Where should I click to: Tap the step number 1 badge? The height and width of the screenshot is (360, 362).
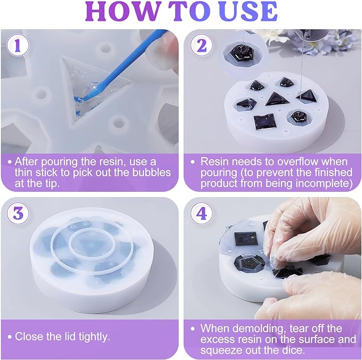tap(18, 46)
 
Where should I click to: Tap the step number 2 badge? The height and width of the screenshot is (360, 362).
tap(202, 46)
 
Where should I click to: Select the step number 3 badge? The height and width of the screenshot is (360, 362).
tap(18, 213)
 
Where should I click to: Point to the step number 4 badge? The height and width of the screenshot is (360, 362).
tap(202, 213)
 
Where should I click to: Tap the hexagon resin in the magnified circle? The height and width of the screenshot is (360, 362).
tap(242, 54)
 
